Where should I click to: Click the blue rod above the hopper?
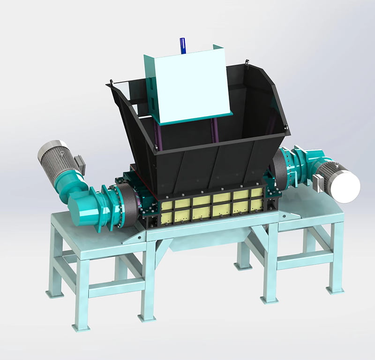182,46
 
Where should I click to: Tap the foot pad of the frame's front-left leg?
80,327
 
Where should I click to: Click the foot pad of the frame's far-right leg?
335,290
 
